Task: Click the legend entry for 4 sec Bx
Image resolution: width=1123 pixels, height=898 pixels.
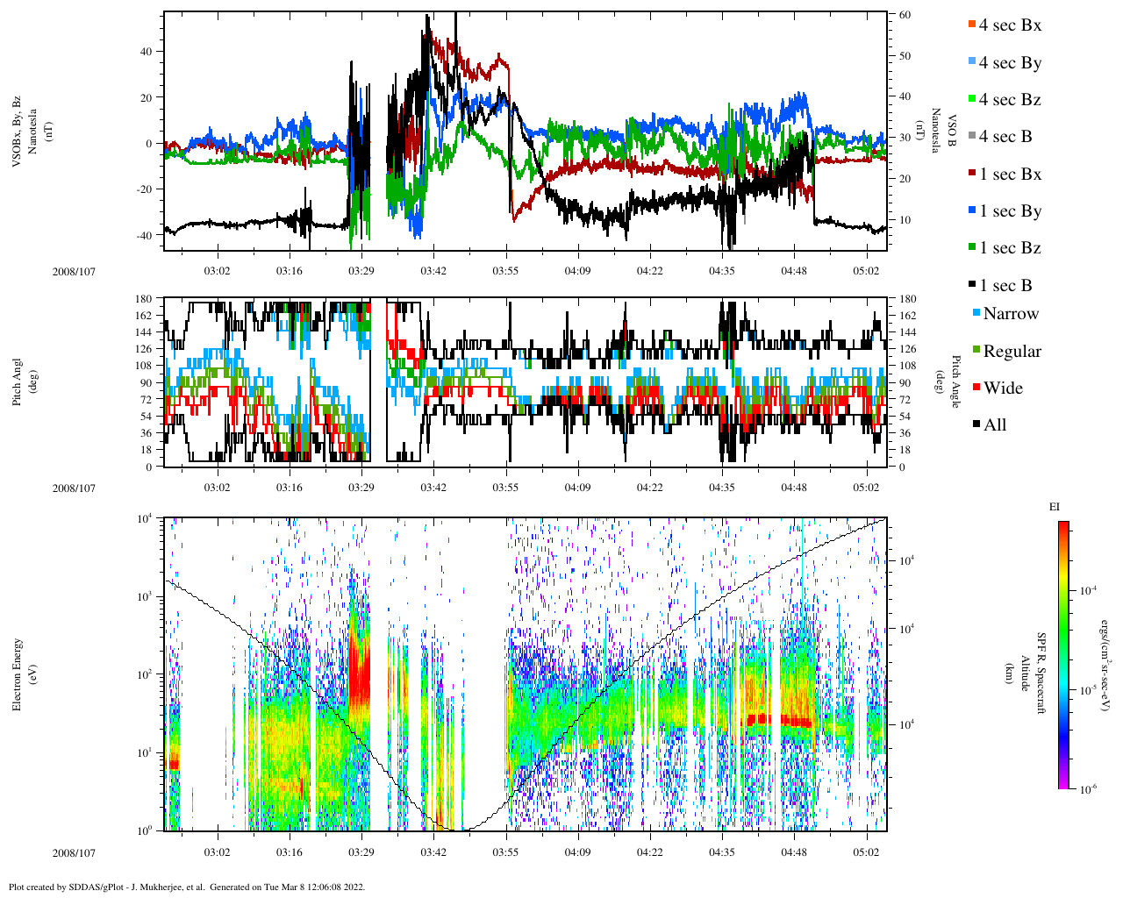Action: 1009,25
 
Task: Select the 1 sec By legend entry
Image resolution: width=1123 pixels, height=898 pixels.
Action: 1009,211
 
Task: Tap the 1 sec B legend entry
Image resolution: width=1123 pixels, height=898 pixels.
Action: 1005,286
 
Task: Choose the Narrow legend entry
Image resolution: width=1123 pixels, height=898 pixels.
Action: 1010,314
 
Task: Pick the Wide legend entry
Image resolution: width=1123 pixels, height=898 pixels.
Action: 1002,388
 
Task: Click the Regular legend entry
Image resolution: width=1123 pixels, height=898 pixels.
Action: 1012,352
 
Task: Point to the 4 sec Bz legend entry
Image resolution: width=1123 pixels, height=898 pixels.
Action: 1009,100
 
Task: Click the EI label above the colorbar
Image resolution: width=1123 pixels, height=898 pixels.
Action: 1055,507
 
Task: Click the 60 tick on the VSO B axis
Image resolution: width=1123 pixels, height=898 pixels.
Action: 905,15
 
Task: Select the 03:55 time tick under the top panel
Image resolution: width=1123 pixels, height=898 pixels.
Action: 505,271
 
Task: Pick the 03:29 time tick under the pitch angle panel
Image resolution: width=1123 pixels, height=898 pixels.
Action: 361,488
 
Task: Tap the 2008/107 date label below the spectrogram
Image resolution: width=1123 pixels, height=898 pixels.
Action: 74,852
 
